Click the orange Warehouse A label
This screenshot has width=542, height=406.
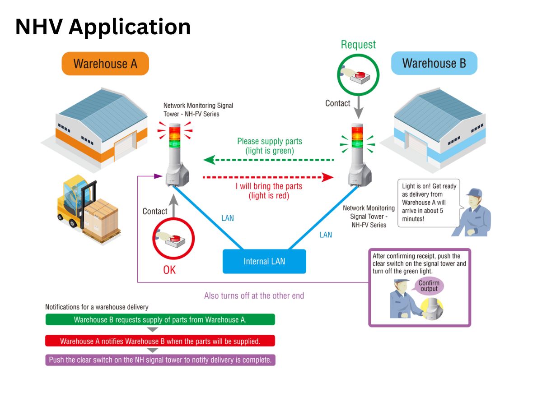point(105,64)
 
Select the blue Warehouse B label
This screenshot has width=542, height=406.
point(434,63)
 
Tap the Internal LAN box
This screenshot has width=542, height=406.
point(264,261)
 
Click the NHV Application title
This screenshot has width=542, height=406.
point(103,27)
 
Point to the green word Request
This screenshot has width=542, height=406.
point(358,45)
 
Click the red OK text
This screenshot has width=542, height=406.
point(169,270)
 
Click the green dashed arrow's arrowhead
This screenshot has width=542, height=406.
point(210,160)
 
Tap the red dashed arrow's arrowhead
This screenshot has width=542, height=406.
point(327,177)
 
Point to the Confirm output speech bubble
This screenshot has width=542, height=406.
point(429,286)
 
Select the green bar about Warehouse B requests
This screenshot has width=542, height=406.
point(160,319)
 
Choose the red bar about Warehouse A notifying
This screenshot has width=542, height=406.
point(160,341)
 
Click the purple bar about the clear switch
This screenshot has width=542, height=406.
point(160,360)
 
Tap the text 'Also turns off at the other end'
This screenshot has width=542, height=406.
point(254,295)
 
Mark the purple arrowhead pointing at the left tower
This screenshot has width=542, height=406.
point(158,176)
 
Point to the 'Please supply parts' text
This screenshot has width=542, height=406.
point(270,141)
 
